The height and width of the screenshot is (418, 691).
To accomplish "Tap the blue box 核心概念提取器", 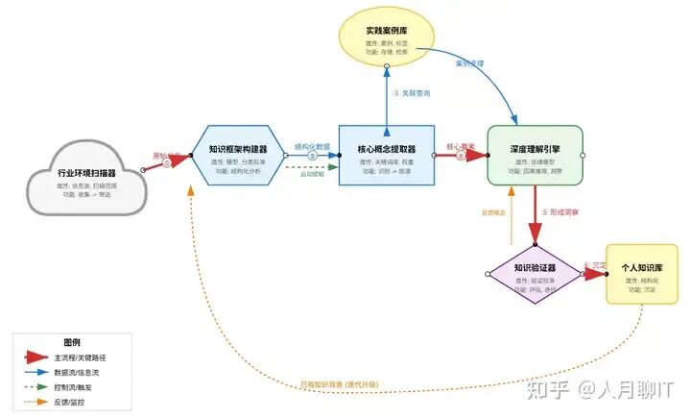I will coord(386,155).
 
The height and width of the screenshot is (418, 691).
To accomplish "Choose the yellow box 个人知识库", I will coord(642,274).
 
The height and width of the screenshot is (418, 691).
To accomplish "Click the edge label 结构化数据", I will coord(312,147).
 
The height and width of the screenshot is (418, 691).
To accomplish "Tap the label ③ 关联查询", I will coord(412,93).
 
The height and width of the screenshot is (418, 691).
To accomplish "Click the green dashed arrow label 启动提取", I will coord(313,175).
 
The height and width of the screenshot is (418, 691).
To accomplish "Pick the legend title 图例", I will coord(72,343).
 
